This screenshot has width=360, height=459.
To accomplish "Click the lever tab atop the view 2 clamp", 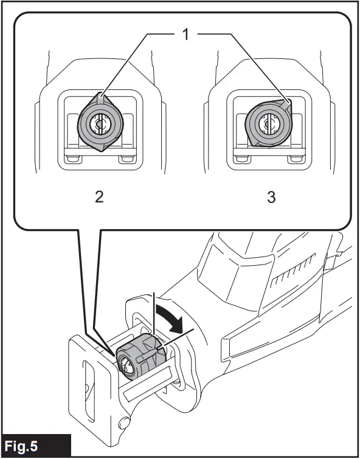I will point(101,98).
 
